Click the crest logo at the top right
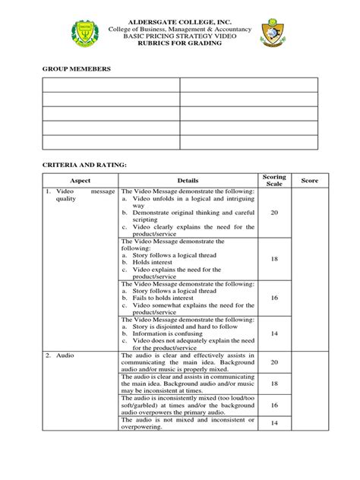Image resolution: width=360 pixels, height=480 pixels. [273, 33]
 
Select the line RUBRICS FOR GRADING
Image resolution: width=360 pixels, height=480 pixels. [179, 43]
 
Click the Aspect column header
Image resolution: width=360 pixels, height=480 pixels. [80, 180]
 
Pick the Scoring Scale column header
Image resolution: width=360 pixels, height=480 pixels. [274, 180]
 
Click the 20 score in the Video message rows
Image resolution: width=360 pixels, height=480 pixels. [274, 213]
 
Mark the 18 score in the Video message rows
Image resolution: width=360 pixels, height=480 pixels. [274, 259]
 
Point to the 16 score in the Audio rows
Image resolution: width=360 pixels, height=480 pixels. [274, 406]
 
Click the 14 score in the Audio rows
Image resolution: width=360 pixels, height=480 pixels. [274, 423]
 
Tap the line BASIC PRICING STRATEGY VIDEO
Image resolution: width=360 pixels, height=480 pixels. [179, 36]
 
